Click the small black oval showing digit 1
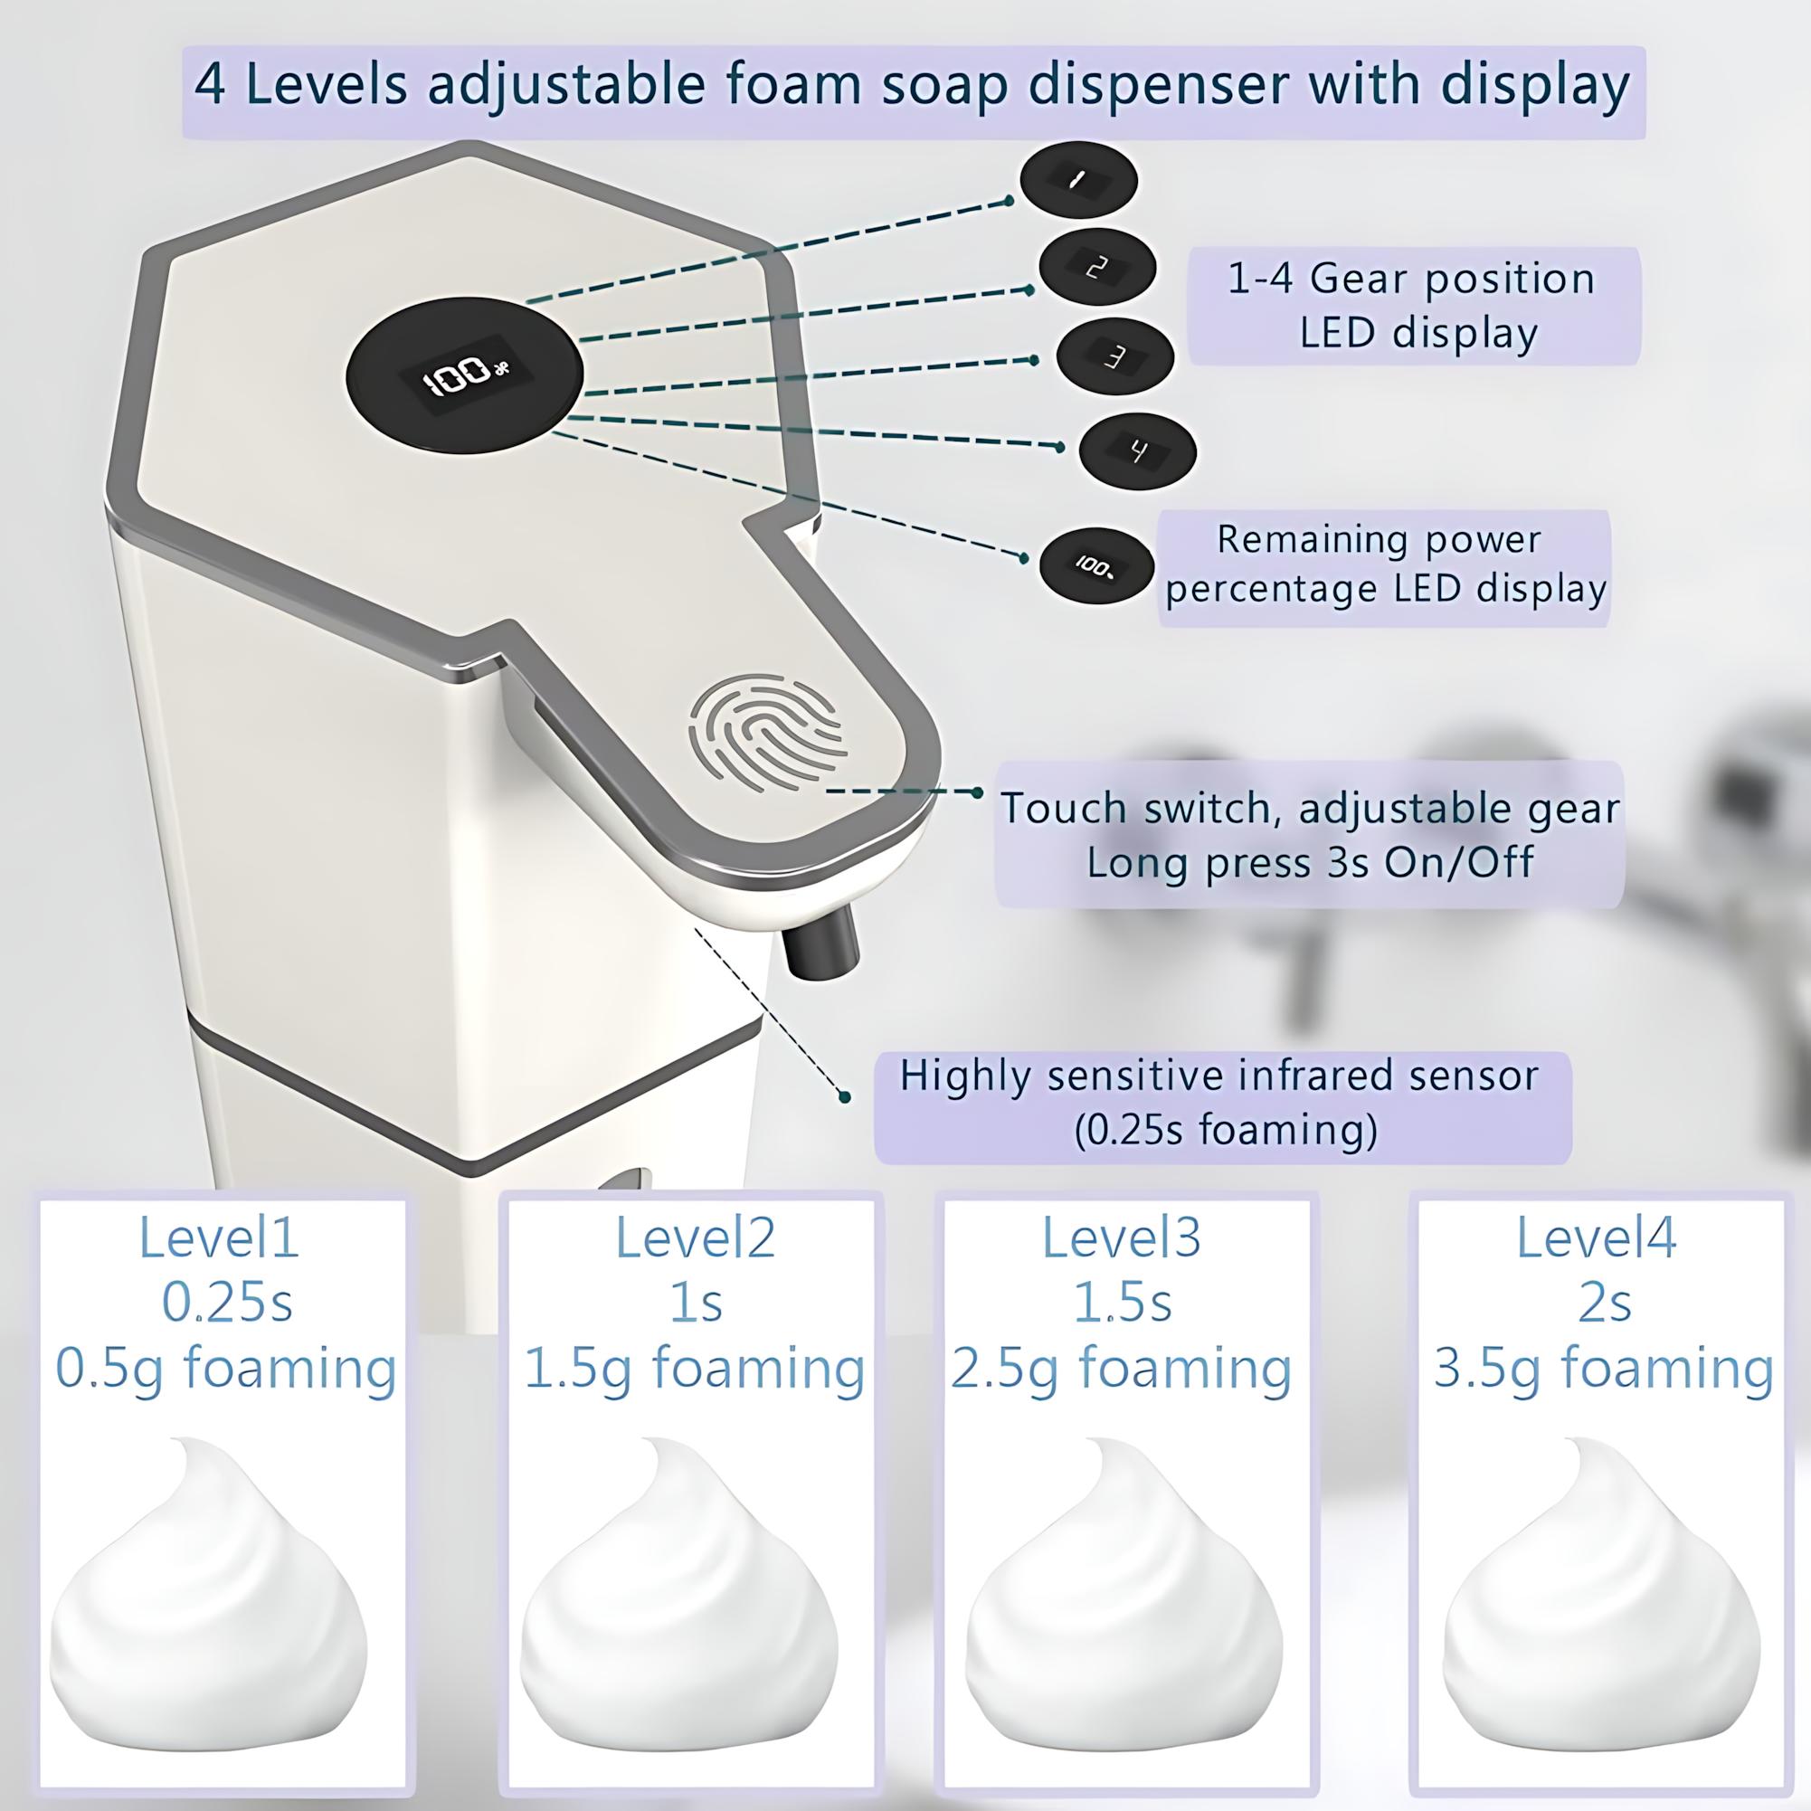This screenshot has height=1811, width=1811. (1078, 181)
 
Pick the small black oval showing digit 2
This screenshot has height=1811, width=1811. (1096, 268)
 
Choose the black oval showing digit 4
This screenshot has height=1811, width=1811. (1137, 450)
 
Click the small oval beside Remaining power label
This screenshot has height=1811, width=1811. (1095, 566)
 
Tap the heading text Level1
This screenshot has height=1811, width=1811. (218, 1237)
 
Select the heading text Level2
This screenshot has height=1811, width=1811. (695, 1237)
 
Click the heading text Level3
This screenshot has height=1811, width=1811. (1121, 1237)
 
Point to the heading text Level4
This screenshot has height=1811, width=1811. (1597, 1237)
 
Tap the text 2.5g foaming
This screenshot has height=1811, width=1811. (1121, 1368)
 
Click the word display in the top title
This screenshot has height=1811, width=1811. (1534, 85)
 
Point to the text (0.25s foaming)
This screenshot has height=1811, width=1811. (1226, 1130)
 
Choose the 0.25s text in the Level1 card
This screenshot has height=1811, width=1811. (227, 1302)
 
